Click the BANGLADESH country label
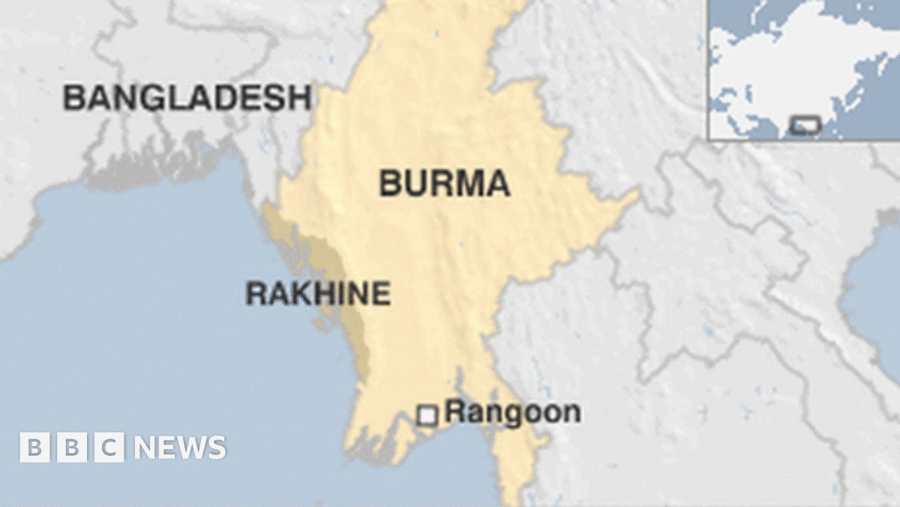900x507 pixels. (187, 98)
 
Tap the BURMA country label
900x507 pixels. (444, 183)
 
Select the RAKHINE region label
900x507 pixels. (318, 293)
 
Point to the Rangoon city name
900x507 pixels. (512, 412)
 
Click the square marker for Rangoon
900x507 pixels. (427, 415)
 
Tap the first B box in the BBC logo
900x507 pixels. (34, 448)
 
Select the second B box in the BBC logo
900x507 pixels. (71, 448)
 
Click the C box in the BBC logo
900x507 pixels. (109, 448)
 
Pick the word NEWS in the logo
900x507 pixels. (180, 448)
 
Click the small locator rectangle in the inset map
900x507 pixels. (805, 125)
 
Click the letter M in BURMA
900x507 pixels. (464, 183)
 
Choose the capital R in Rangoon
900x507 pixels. (453, 412)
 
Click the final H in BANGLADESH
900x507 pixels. (299, 98)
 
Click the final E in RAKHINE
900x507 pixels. (382, 293)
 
